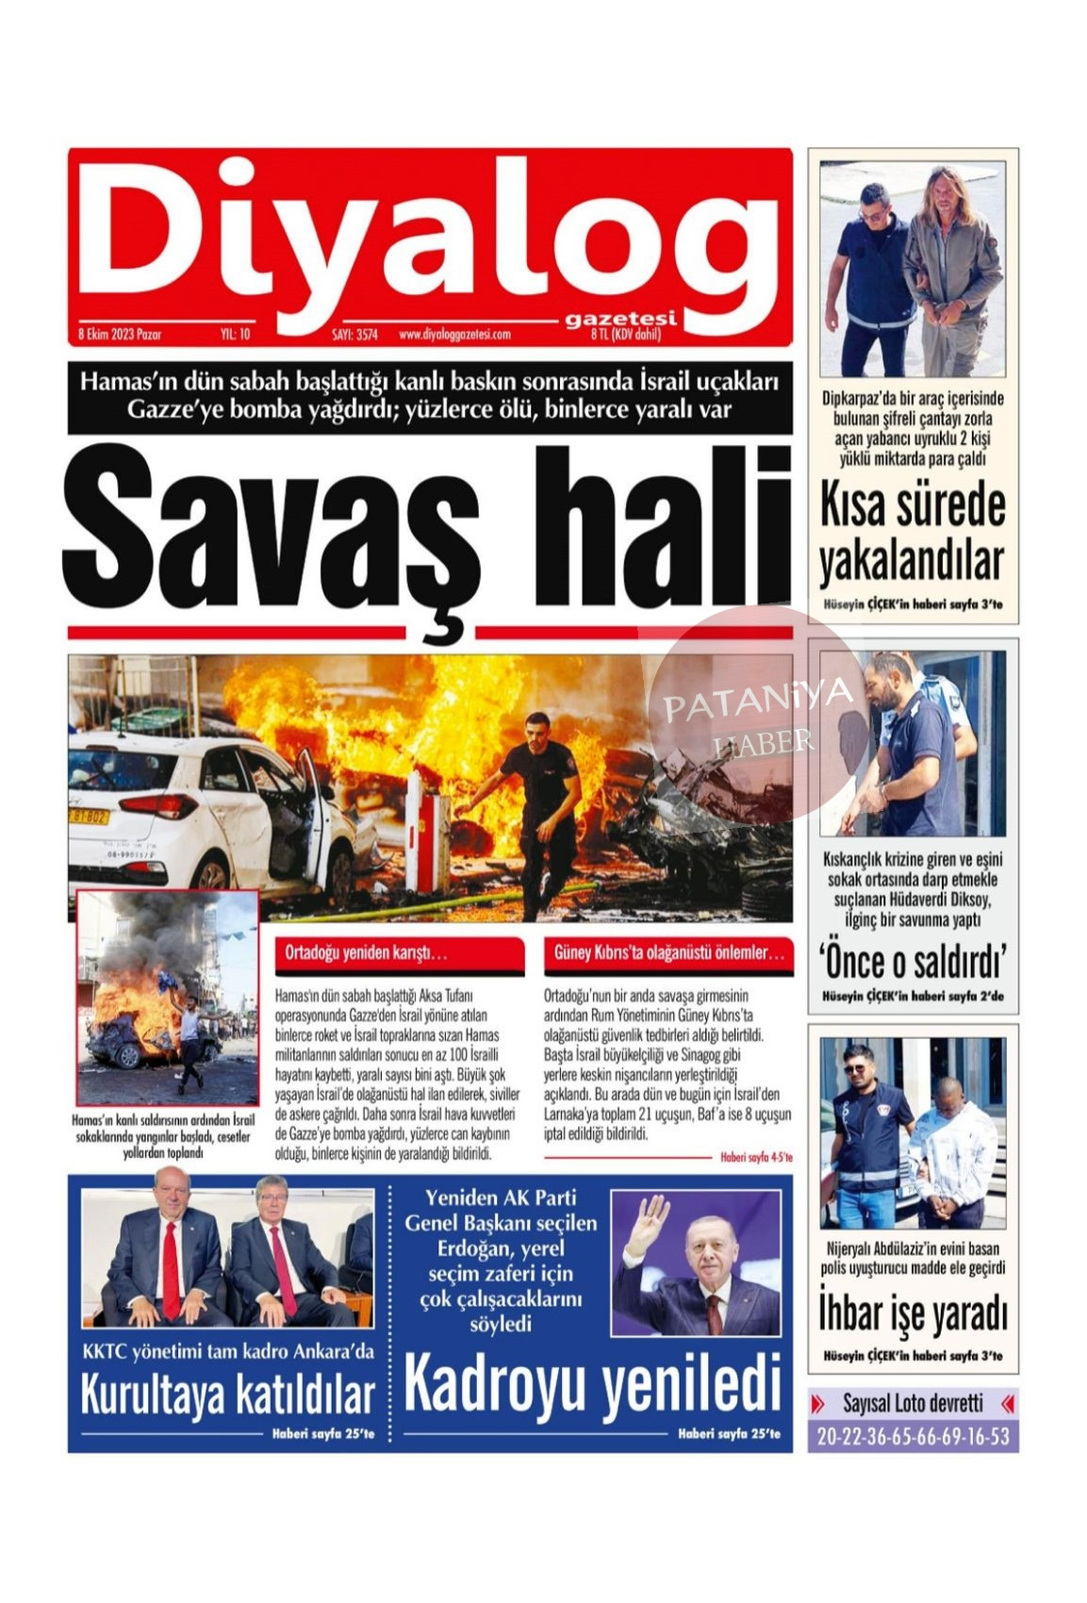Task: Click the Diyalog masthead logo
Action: click(424, 236)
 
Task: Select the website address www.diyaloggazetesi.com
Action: click(454, 335)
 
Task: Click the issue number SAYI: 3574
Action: click(354, 335)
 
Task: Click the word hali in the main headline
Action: click(650, 528)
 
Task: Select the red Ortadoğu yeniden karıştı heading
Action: click(398, 953)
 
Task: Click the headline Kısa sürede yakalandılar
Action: click(912, 533)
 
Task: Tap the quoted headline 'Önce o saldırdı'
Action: click(912, 962)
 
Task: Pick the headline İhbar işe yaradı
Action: click(912, 1314)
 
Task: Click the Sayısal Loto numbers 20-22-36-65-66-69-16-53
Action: click(912, 1437)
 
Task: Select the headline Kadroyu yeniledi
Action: click(592, 1384)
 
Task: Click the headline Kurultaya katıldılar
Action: click(227, 1396)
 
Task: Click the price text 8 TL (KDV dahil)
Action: click(625, 335)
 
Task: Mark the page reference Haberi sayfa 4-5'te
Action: click(755, 1157)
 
